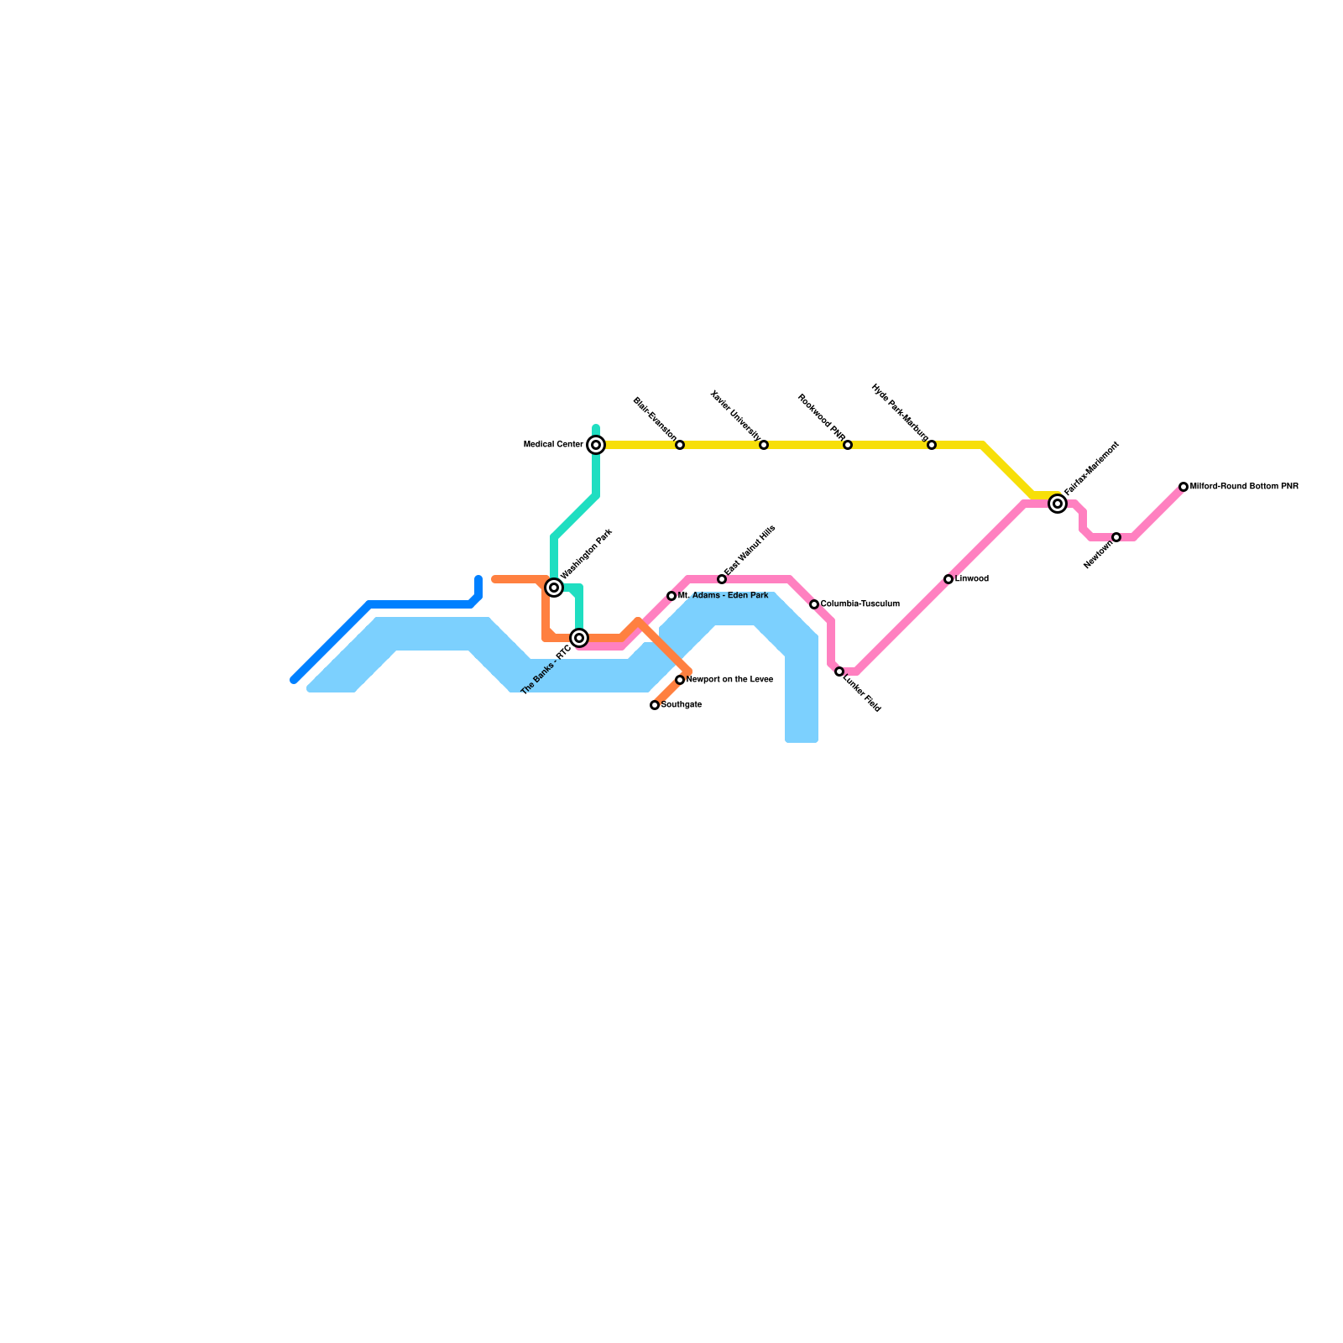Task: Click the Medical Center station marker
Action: coord(596,445)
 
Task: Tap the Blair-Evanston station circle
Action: coord(680,445)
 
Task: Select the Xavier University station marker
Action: coord(764,445)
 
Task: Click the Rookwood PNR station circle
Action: coord(848,445)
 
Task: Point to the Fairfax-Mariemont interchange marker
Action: coord(1058,504)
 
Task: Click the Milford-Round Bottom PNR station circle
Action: coord(1184,487)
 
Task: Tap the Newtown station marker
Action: coord(1116,537)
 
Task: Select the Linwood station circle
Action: coord(948,579)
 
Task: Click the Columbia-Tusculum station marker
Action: coord(814,604)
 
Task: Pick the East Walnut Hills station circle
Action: coord(722,579)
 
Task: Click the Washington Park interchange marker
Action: coord(554,588)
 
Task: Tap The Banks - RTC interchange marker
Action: coord(579,638)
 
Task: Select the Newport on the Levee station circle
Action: coord(680,680)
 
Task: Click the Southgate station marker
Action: coord(655,705)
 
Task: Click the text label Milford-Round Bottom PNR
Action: coord(1244,487)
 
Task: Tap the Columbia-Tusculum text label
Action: coord(860,604)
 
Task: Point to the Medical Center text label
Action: coord(553,445)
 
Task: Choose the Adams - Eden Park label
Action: coord(729,596)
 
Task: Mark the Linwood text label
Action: coord(972,579)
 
